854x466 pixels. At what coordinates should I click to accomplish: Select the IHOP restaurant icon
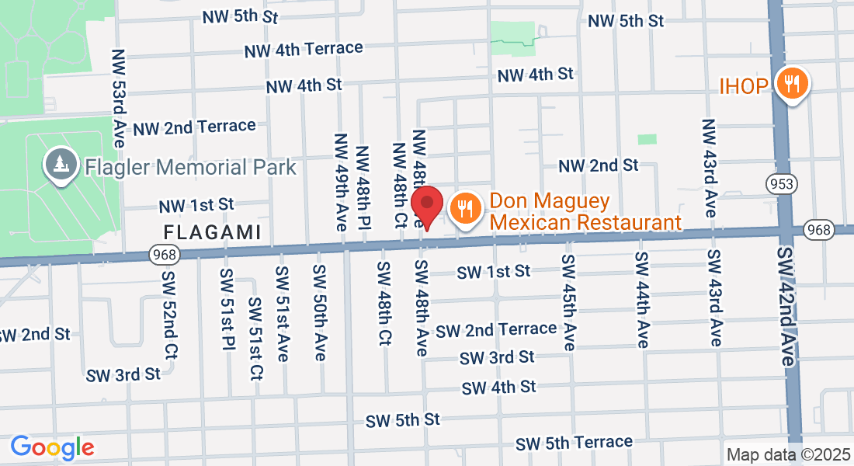tap(792, 83)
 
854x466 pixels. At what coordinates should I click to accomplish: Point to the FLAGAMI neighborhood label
tap(211, 231)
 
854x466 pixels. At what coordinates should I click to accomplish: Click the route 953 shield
tap(779, 184)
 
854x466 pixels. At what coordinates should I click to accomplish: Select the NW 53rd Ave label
tap(119, 93)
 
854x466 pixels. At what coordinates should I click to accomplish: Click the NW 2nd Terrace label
tap(194, 127)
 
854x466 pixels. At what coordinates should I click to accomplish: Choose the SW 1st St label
tap(493, 272)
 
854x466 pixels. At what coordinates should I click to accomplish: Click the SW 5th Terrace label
tap(574, 443)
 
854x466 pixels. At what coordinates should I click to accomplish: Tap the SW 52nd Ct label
tap(171, 314)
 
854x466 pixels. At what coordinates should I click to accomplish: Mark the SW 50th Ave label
tap(319, 312)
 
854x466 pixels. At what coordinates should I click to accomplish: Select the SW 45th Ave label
tap(569, 302)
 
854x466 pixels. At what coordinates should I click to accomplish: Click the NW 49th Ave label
tap(341, 182)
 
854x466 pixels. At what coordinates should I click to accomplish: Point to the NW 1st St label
tap(196, 206)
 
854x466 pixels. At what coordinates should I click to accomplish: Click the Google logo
tap(52, 447)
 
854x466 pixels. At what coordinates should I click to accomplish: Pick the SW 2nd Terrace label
tap(496, 329)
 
